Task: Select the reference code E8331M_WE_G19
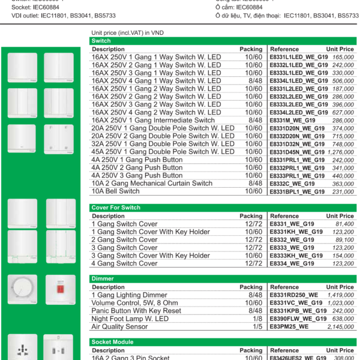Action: [293, 121]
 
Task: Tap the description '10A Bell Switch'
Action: [115, 191]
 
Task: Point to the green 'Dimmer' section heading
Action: [103, 279]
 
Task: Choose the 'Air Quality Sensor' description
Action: [119, 327]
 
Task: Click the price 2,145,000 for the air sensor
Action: [340, 327]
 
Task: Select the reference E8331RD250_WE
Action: [294, 295]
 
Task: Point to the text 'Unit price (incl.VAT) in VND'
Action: [127, 32]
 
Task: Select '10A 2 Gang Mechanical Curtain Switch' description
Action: [152, 184]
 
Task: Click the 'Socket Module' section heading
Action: [112, 342]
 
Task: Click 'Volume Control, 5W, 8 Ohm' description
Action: [134, 303]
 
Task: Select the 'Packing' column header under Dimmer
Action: [251, 287]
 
